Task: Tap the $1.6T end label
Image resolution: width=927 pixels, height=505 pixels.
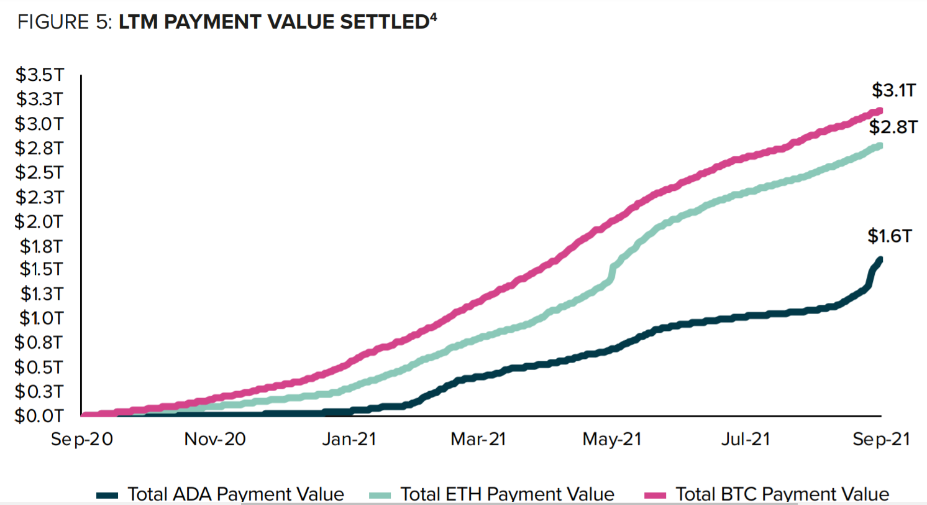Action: [890, 236]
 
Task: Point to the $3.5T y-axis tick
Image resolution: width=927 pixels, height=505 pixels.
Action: [39, 75]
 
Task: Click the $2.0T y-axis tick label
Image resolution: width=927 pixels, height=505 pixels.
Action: [39, 221]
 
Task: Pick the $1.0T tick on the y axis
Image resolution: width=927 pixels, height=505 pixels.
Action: [39, 318]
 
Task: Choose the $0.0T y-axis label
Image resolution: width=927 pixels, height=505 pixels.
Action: [39, 415]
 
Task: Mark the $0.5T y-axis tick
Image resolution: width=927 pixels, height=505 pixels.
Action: [39, 367]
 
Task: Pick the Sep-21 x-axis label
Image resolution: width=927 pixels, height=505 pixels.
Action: [880, 439]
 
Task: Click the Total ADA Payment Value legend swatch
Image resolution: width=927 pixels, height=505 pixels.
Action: [111, 495]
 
